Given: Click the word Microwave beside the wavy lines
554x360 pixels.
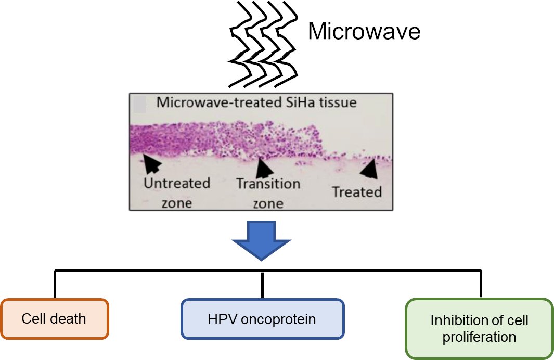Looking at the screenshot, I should pos(364,32).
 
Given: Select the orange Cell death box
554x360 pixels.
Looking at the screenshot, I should pos(54,318).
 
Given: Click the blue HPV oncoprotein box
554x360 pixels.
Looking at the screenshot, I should pos(262,318).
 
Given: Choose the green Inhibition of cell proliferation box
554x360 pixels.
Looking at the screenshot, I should pos(479,328).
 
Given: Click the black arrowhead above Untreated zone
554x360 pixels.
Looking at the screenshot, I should pos(152,163).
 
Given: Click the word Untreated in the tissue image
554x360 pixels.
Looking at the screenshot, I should pos(177,183).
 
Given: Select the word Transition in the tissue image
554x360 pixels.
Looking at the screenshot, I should pos(268,184).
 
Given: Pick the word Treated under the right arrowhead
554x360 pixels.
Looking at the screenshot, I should pos(357,192).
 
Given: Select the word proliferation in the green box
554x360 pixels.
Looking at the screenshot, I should pos(479,337).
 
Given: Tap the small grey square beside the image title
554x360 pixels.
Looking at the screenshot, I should pos(140,105).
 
